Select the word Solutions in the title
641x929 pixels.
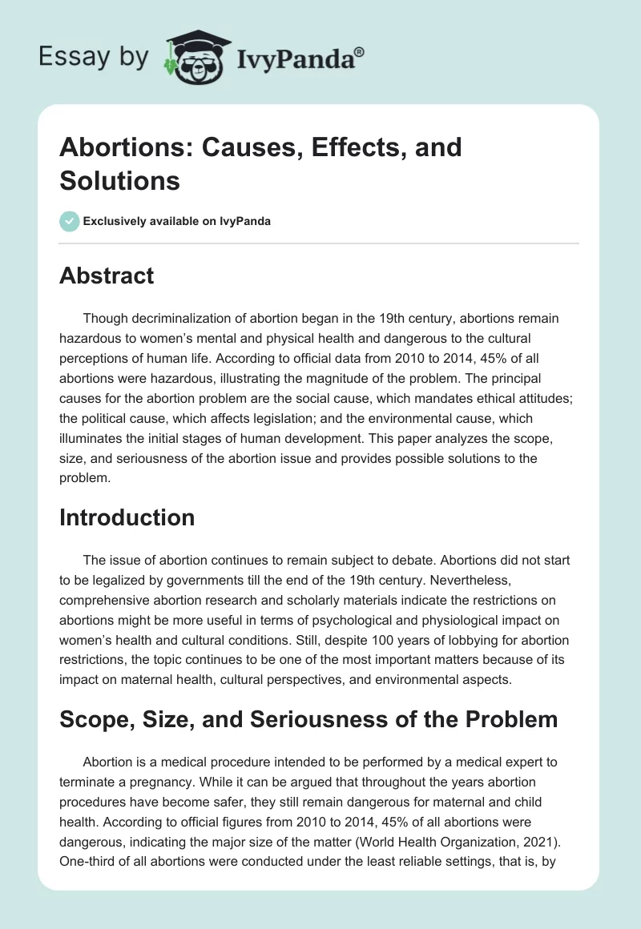(119, 180)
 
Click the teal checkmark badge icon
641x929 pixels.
(70, 221)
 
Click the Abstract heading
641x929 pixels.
(107, 275)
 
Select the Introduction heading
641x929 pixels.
(127, 517)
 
